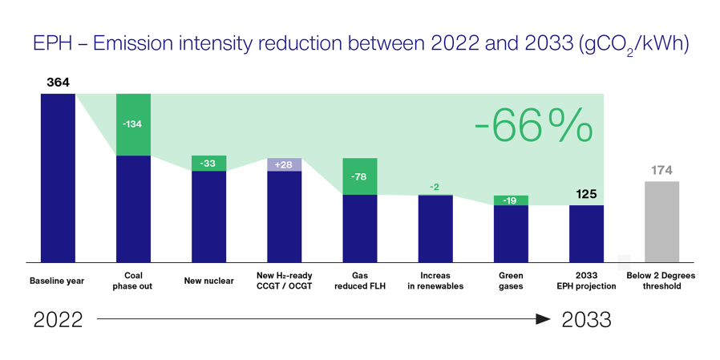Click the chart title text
coord(360,43)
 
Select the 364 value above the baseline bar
coord(58,83)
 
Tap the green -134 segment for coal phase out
coord(133,124)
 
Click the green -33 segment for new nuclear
coord(208,164)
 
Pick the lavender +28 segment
coord(284,164)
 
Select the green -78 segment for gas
coord(359,176)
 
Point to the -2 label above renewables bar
coord(435,188)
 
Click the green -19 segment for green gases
coord(511,200)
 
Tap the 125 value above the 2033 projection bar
coord(586,194)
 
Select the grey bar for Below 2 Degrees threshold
coord(661,221)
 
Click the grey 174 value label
coord(661,170)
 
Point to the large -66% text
coord(533,127)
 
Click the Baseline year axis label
coord(58,281)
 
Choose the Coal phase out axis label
coord(133,281)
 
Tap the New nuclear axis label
coord(208,281)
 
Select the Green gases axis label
coord(511,281)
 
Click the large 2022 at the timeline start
coord(58,320)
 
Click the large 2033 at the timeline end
coord(586,320)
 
